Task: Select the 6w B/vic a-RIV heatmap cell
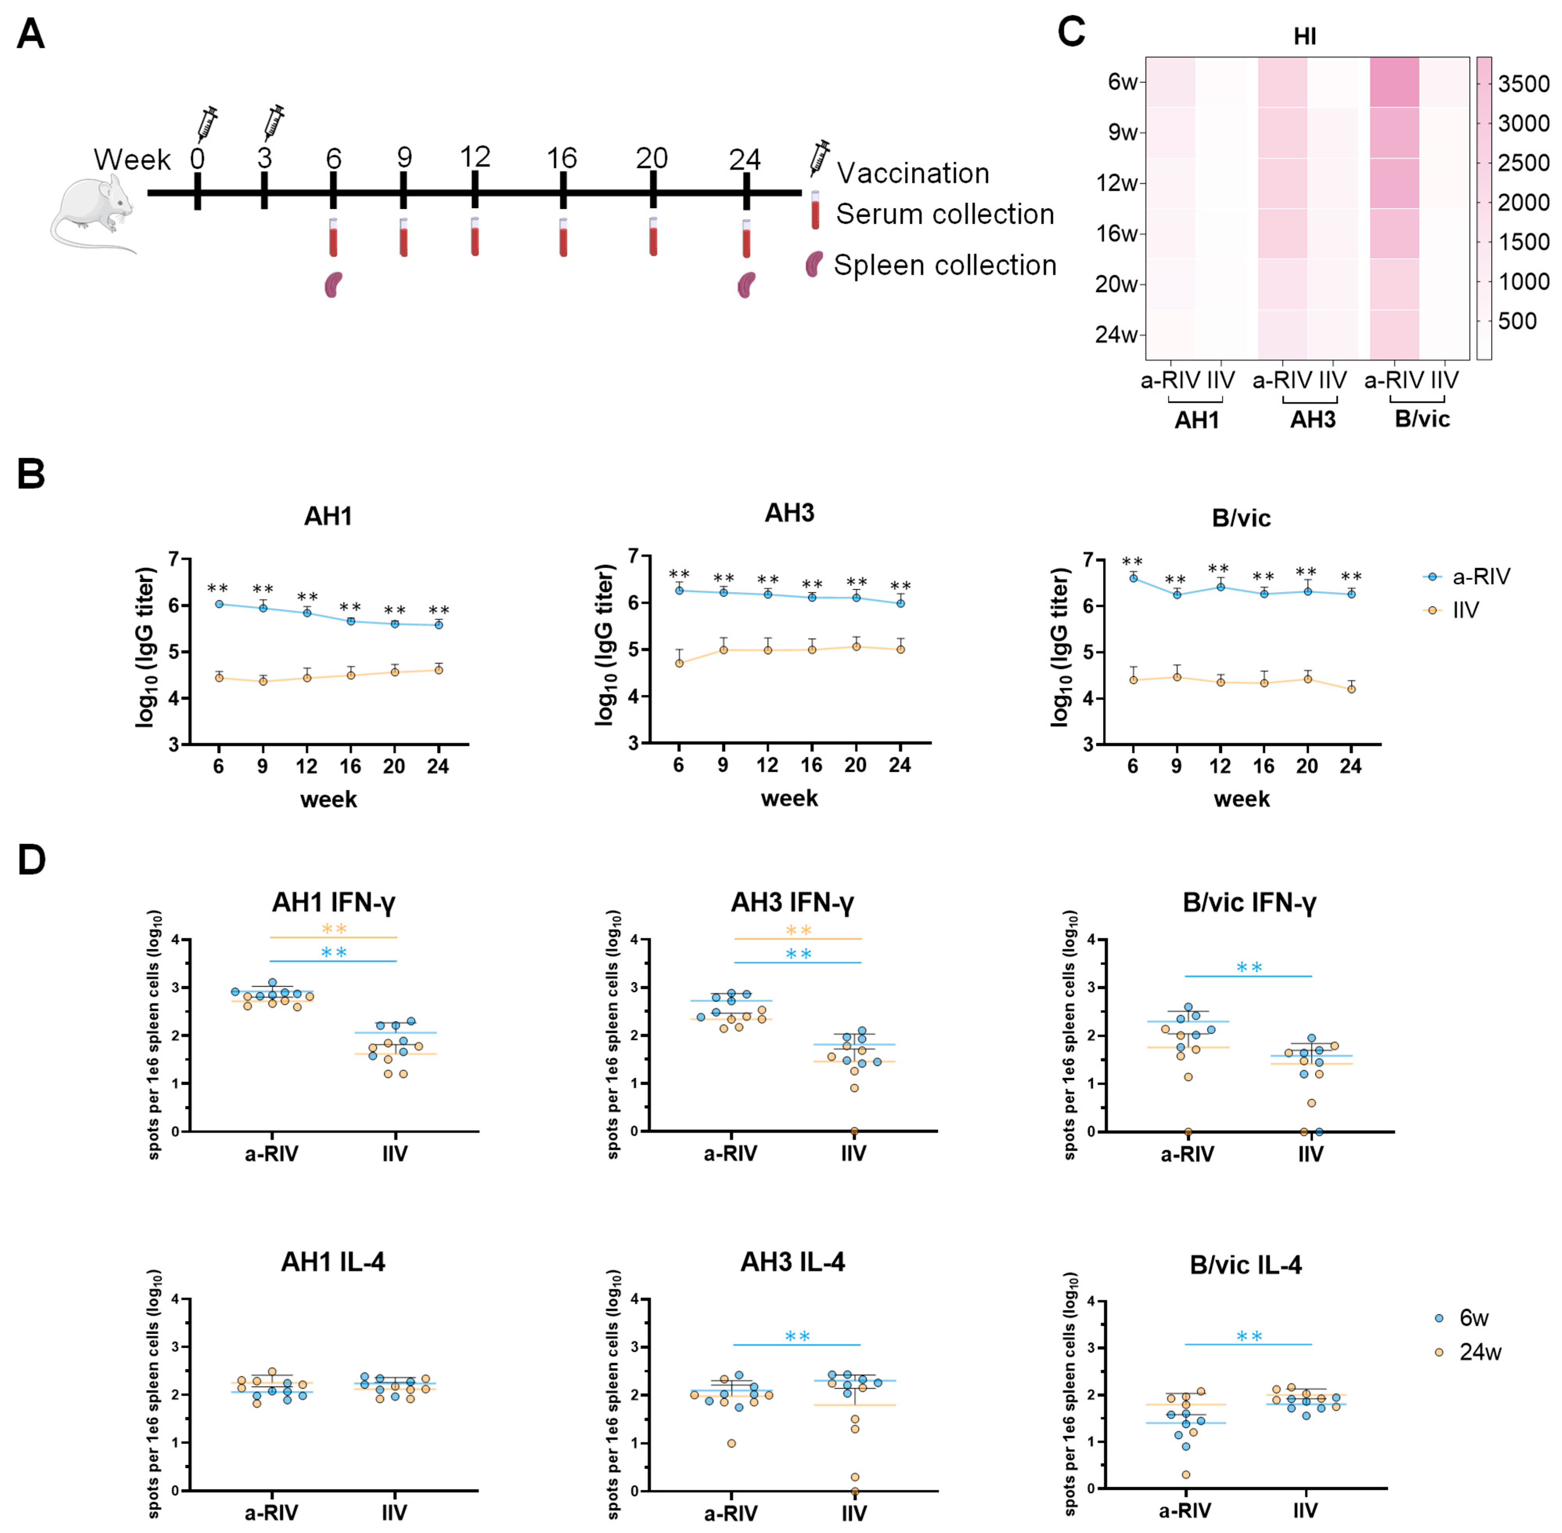coord(1394,82)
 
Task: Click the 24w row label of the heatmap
coord(1116,334)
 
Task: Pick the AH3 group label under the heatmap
coord(1312,420)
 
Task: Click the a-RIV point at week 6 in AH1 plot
coord(219,604)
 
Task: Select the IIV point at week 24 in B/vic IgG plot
coord(1351,688)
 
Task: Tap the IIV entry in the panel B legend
coord(1465,610)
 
